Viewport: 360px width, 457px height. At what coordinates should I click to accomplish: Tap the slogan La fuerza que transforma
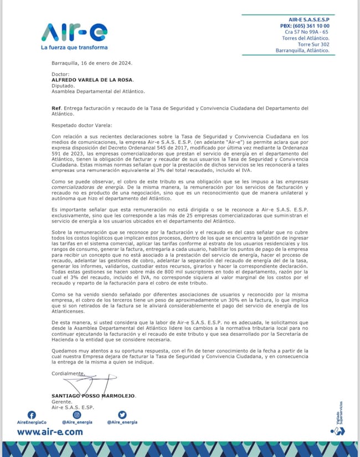pyautogui.click(x=74, y=48)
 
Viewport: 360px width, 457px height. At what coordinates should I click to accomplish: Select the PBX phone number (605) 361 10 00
pyautogui.click(x=305, y=26)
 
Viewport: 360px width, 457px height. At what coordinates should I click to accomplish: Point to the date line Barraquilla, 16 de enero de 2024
pyautogui.click(x=92, y=63)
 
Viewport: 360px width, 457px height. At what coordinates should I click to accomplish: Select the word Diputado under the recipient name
pyautogui.click(x=64, y=86)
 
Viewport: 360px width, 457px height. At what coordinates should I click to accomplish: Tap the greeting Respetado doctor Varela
pyautogui.click(x=81, y=126)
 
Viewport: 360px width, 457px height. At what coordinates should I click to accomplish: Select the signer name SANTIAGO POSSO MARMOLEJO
pyautogui.click(x=92, y=396)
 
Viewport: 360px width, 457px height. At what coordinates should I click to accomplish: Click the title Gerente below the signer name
pyautogui.click(x=61, y=402)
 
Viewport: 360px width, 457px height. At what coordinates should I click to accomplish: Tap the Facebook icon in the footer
pyautogui.click(x=32, y=414)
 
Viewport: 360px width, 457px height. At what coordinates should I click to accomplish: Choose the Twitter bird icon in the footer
pyautogui.click(x=122, y=414)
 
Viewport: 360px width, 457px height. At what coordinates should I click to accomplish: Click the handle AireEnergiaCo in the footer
pyautogui.click(x=32, y=422)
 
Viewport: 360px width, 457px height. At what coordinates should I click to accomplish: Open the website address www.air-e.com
pyautogui.click(x=50, y=432)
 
